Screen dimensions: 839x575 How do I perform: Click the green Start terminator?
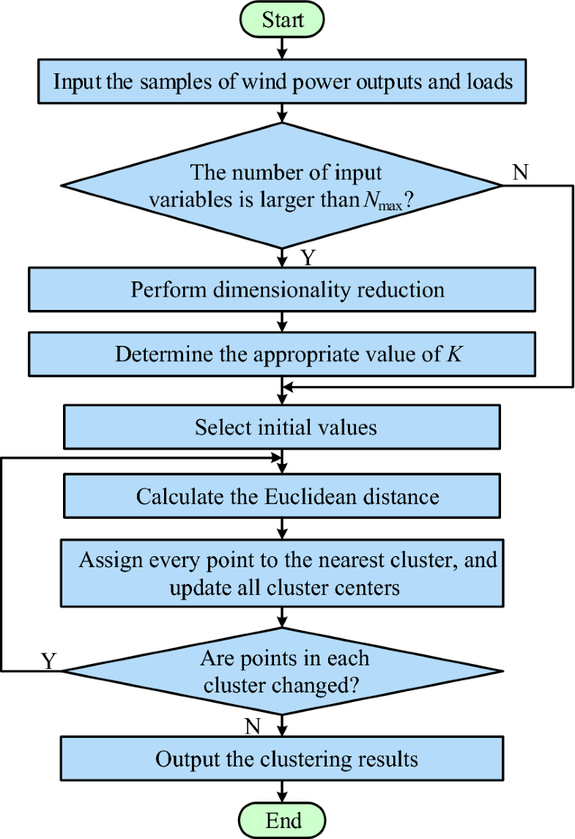point(282,19)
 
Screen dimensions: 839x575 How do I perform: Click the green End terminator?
point(282,819)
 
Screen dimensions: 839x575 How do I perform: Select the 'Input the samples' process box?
point(282,81)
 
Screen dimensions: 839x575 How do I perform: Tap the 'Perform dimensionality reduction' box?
point(282,289)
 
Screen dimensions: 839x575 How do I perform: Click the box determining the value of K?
point(282,355)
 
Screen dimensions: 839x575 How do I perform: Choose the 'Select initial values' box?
point(282,427)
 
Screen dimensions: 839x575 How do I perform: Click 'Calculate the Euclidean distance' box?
point(282,497)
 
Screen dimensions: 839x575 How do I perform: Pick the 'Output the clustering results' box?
point(282,758)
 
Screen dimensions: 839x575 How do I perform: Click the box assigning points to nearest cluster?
point(282,574)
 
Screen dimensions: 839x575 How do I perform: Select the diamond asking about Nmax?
point(282,185)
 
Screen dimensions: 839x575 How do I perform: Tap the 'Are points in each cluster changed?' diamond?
point(282,670)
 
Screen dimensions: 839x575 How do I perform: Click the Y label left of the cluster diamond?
point(48,661)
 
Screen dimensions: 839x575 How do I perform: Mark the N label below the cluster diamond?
point(253,726)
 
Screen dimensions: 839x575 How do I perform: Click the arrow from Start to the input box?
point(282,48)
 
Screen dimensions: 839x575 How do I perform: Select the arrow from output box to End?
point(282,791)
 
